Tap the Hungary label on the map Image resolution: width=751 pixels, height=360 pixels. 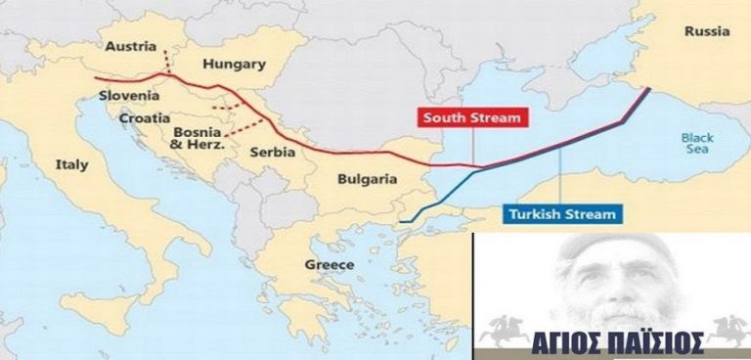tap(233, 65)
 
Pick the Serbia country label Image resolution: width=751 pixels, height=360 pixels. tap(273, 154)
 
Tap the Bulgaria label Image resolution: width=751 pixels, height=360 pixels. tap(367, 179)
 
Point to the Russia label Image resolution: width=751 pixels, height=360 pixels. tap(706, 31)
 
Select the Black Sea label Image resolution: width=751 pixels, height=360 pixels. tap(698, 145)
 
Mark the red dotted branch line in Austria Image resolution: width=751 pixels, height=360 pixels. tap(166, 61)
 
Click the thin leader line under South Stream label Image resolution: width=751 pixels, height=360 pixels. tap(473, 147)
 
